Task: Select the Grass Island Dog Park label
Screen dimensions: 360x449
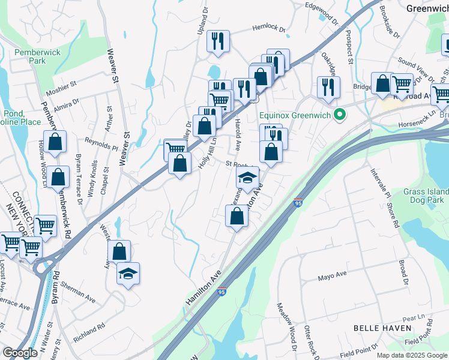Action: click(426, 196)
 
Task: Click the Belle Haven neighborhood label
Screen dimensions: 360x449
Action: click(382, 328)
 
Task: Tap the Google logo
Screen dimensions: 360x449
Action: click(20, 353)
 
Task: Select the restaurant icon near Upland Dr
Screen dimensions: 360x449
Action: click(217, 41)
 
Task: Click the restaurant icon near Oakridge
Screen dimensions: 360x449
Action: click(328, 86)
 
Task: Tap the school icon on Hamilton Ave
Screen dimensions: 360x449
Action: click(247, 176)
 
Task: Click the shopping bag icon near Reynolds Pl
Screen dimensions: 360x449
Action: click(55, 142)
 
